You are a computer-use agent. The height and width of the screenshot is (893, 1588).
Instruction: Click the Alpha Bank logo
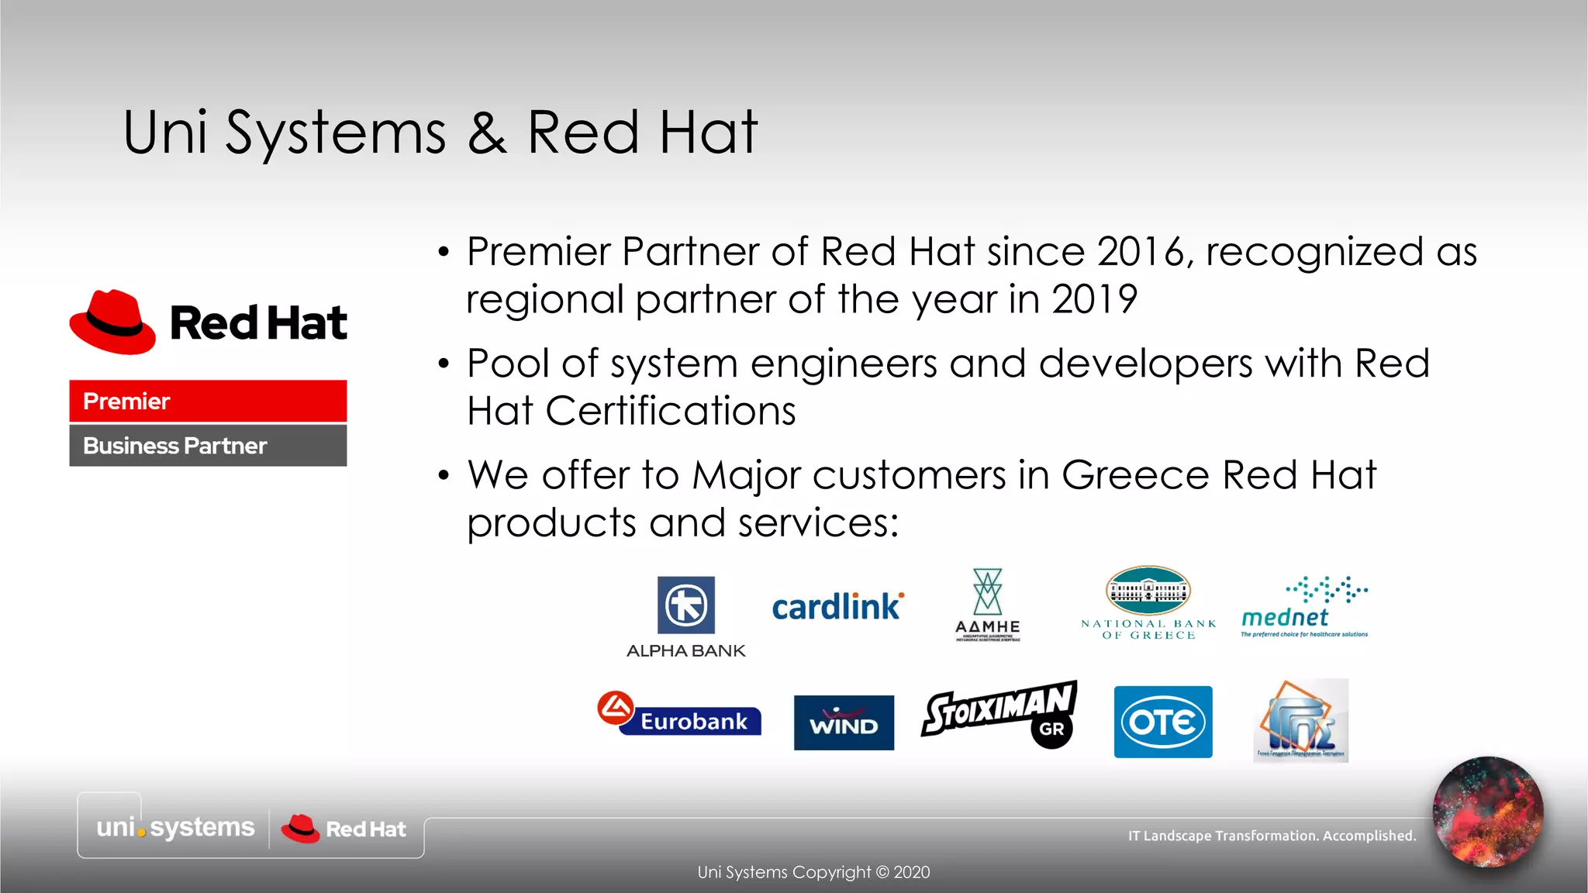pyautogui.click(x=686, y=616)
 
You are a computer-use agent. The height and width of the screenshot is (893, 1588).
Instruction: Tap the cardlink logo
pyautogui.click(x=837, y=607)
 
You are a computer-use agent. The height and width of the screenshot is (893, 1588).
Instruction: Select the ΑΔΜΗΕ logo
pyautogui.click(x=988, y=605)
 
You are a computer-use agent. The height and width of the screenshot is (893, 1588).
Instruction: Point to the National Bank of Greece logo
pyautogui.click(x=1148, y=603)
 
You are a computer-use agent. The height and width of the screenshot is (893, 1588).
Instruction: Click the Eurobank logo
pyautogui.click(x=679, y=714)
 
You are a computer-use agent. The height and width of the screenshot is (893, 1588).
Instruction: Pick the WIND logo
pyautogui.click(x=844, y=722)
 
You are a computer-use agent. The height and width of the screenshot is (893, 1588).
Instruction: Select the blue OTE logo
pyautogui.click(x=1163, y=722)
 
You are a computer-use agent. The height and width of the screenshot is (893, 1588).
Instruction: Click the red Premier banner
pyautogui.click(x=208, y=401)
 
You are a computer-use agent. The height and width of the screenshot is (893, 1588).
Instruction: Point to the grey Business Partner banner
pyautogui.click(x=208, y=446)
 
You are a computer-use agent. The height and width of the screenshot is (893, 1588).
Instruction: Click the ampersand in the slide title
pyautogui.click(x=487, y=133)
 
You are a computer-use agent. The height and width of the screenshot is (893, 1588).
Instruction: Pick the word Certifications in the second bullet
pyautogui.click(x=671, y=411)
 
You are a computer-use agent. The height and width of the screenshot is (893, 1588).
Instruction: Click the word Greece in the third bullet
pyautogui.click(x=1135, y=474)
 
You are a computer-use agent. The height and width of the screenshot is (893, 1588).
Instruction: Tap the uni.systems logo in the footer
pyautogui.click(x=175, y=827)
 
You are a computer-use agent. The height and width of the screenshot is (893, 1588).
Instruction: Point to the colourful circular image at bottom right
pyautogui.click(x=1488, y=812)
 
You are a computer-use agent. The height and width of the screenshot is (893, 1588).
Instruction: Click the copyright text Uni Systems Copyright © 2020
pyautogui.click(x=813, y=872)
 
